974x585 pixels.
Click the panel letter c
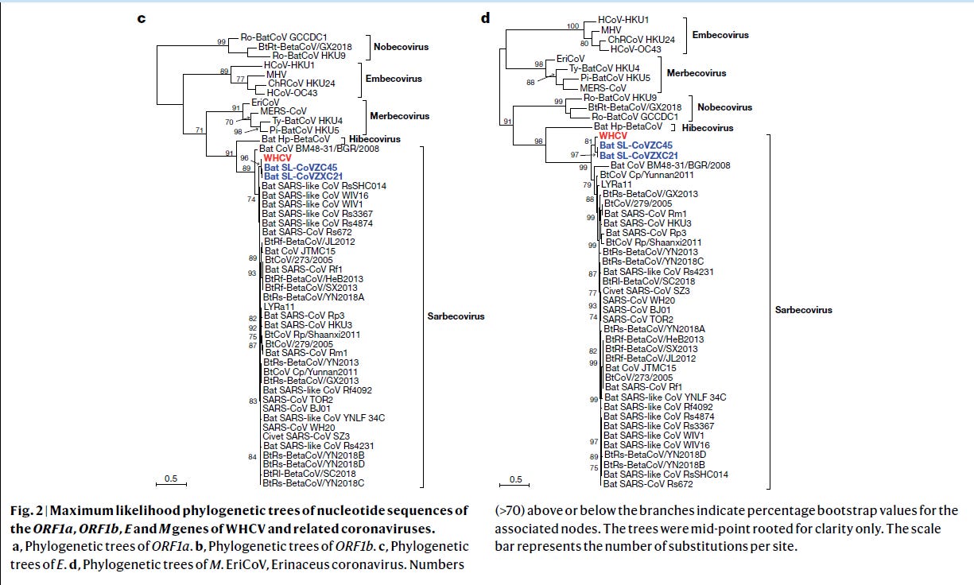141,17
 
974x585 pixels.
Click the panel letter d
486,17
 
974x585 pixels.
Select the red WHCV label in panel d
614,136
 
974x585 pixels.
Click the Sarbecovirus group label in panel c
451,316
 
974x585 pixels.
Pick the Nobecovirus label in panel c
401,47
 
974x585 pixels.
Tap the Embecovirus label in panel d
720,35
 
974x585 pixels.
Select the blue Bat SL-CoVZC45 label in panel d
636,145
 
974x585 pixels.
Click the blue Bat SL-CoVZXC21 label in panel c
303,176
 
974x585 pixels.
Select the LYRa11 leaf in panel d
617,184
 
